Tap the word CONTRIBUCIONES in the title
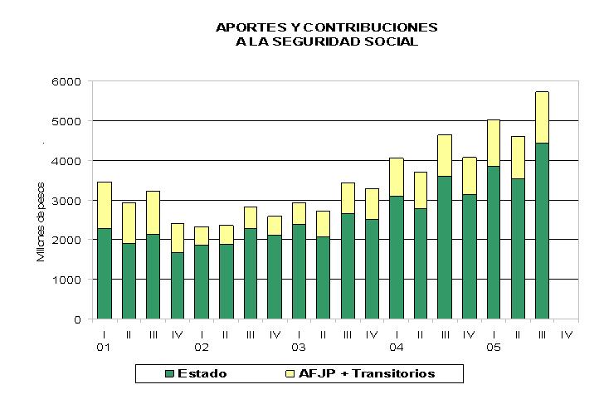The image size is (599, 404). click(371, 27)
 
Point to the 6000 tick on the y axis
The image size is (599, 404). click(66, 82)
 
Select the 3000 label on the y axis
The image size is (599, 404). click(66, 201)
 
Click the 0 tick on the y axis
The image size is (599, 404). click(77, 319)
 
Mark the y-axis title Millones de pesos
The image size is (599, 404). click(41, 221)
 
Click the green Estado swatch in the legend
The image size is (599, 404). click(169, 373)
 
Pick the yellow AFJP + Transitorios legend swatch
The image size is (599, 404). click(290, 373)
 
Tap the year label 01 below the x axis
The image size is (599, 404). click(103, 348)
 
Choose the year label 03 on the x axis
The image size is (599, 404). click(299, 348)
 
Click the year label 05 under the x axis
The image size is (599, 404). click(493, 348)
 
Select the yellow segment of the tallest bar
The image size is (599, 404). click(542, 118)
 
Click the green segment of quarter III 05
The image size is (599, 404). click(542, 231)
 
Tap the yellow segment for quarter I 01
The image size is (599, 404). click(105, 206)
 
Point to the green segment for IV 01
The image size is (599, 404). click(178, 285)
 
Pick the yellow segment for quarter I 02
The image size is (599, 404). click(202, 236)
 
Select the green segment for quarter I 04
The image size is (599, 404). click(397, 257)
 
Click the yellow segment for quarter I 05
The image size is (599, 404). click(494, 144)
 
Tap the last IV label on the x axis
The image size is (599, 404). click(567, 335)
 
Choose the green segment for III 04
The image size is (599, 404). click(445, 247)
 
